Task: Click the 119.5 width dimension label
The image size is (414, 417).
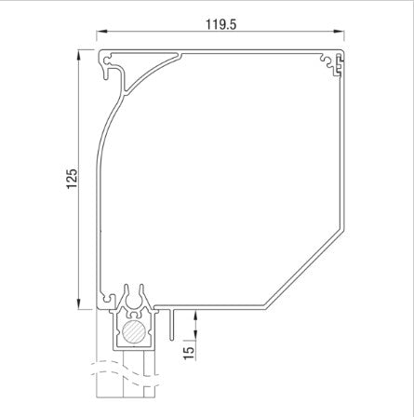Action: click(224, 25)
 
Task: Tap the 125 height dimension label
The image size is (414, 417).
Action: click(73, 179)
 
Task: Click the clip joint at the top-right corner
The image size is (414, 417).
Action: click(330, 62)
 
